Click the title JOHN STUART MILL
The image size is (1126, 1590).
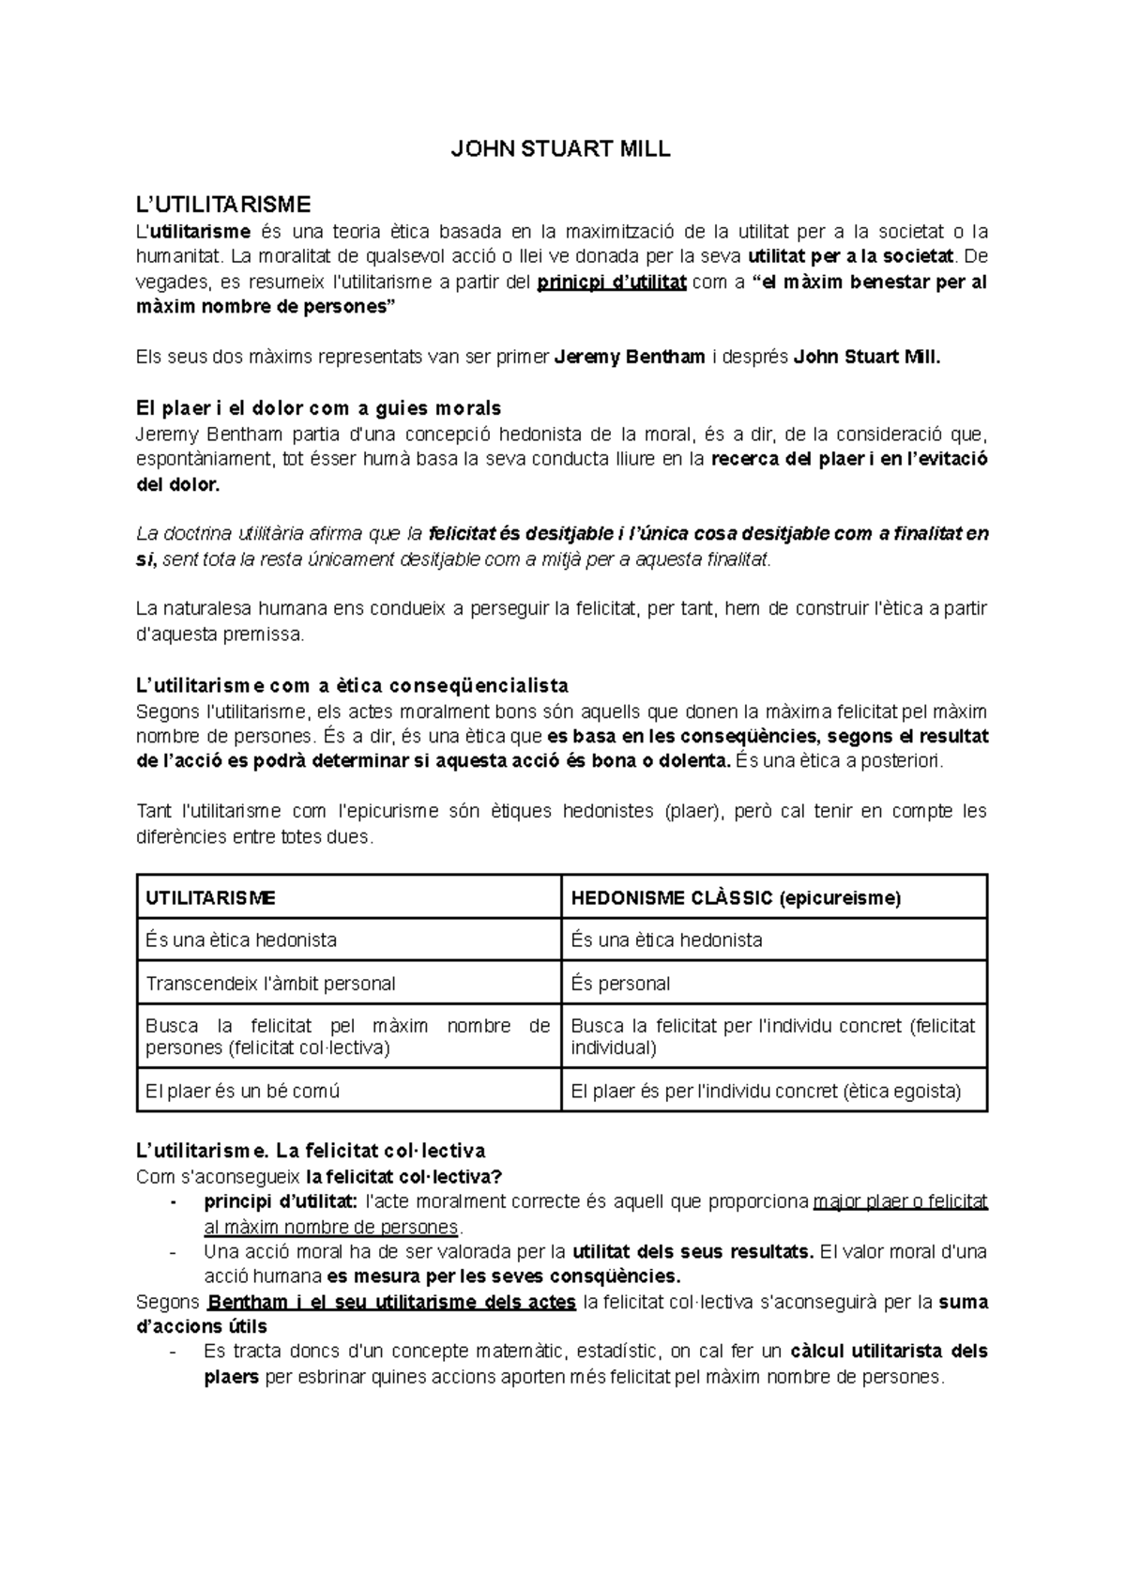[561, 149]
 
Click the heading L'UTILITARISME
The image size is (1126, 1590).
[223, 204]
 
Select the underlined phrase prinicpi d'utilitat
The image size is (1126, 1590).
[611, 282]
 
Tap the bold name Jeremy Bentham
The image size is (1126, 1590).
[630, 357]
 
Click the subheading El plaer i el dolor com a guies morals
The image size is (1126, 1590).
[318, 408]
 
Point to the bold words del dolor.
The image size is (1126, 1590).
[178, 484]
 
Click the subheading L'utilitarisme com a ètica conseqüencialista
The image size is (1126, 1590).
[352, 685]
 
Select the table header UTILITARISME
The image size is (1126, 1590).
[211, 897]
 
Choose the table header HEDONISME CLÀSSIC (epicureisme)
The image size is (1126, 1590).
[736, 897]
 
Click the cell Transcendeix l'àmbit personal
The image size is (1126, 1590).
[270, 984]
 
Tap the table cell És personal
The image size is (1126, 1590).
[620, 984]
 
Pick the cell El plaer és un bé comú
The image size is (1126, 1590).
[242, 1091]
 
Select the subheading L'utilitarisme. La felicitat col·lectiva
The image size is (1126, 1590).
[311, 1151]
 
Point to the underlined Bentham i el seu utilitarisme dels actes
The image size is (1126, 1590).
[391, 1302]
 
